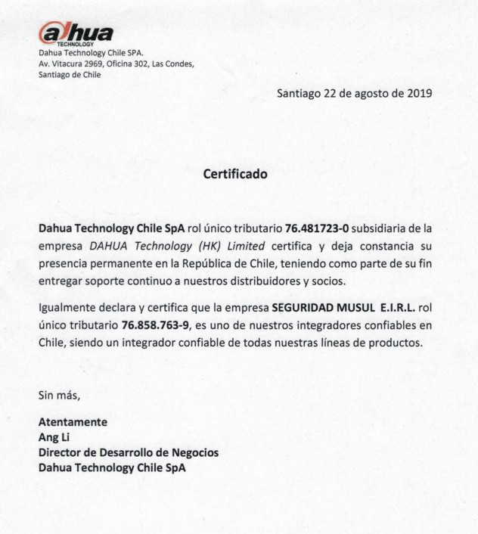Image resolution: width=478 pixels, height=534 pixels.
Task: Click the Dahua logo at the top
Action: point(76,34)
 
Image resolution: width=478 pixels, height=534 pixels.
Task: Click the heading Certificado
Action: point(235,174)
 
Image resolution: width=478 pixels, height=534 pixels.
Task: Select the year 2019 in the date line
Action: point(417,94)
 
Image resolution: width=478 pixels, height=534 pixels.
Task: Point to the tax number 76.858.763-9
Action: point(153,325)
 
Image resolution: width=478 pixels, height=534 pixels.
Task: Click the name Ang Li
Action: point(54,437)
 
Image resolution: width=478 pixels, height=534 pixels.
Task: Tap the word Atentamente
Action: point(73,422)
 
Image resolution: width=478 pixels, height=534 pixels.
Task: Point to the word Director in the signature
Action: point(62,452)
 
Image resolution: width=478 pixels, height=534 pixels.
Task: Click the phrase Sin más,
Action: point(59,396)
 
